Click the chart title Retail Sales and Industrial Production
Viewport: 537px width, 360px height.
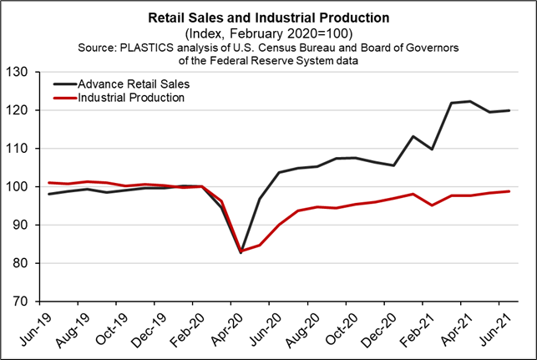tap(268, 17)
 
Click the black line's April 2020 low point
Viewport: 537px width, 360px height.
tap(241, 251)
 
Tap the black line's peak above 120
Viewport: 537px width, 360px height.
tap(470, 102)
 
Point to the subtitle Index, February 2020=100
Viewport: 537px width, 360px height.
tap(268, 33)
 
